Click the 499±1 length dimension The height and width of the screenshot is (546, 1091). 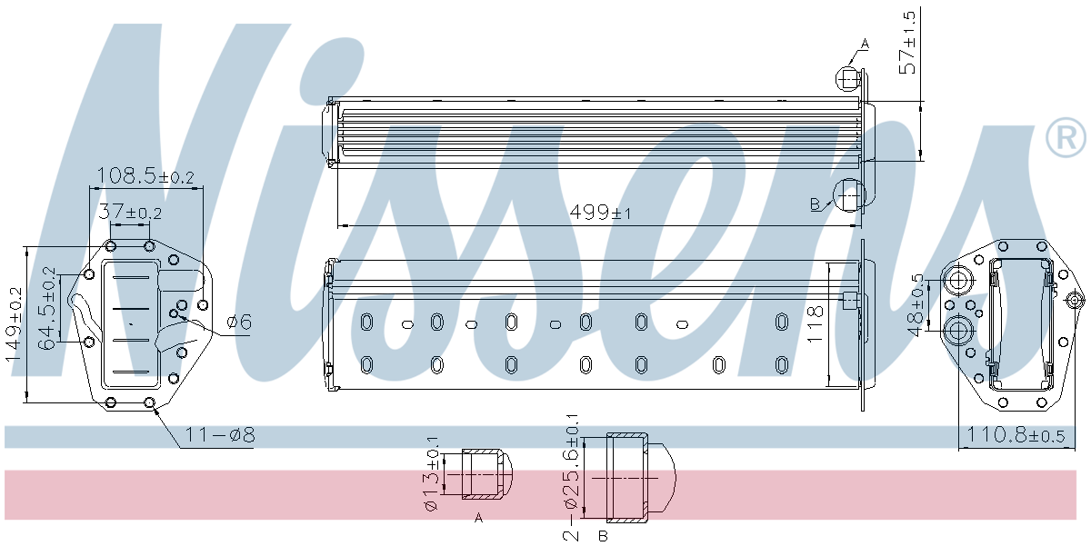point(600,213)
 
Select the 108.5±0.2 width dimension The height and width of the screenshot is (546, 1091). point(145,175)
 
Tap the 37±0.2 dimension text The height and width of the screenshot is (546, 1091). point(130,213)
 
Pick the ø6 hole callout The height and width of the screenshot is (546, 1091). point(239,321)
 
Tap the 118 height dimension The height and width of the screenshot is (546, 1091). point(815,323)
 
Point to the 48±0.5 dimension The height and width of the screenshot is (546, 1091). point(916,303)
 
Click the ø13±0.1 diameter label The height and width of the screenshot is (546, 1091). point(432,474)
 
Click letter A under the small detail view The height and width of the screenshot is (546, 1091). point(478,517)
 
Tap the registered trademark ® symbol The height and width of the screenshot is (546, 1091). point(1066,138)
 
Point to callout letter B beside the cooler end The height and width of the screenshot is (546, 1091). point(816,203)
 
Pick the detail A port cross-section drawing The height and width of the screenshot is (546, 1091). point(486,474)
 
